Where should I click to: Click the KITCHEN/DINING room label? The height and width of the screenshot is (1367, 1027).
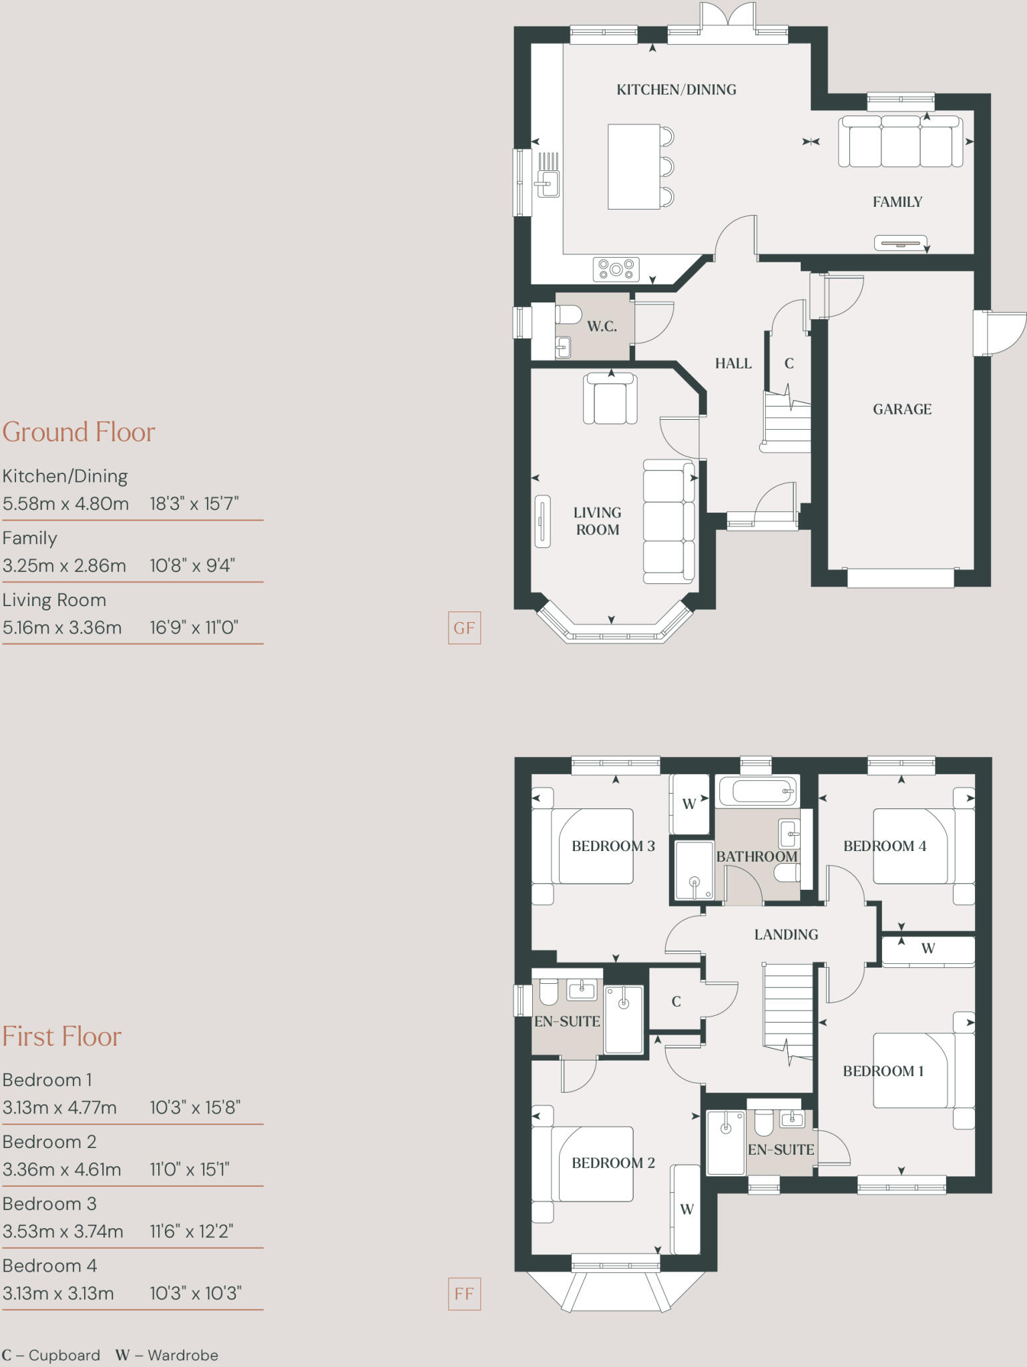pos(676,89)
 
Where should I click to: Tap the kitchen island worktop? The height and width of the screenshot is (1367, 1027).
pos(634,166)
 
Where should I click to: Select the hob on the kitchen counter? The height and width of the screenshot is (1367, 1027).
pos(616,269)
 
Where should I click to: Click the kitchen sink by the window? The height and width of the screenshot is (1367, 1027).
pos(548,183)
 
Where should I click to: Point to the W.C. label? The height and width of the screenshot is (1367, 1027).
pos(602,326)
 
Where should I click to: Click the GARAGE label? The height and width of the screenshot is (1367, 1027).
pos(901,409)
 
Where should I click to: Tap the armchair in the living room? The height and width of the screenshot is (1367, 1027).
pos(610,399)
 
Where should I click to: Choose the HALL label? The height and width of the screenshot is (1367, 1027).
pos(733,364)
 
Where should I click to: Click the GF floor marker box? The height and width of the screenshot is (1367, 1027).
pos(464,628)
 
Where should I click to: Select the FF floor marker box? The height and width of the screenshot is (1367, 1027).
pos(464,1294)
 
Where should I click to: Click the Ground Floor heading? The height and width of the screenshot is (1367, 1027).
pos(79,432)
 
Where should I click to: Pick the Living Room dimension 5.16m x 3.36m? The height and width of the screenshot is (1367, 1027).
pos(62,627)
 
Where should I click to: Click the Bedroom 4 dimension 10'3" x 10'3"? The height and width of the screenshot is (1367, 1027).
pos(195,1293)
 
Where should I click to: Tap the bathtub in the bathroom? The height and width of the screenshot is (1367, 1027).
pos(757,792)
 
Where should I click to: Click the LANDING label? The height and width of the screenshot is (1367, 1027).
pos(786,934)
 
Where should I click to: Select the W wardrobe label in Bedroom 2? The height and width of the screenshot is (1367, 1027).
pos(686,1209)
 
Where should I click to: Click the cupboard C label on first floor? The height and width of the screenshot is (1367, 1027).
pos(676,1002)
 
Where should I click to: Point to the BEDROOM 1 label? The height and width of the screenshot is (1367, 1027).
pos(883,1071)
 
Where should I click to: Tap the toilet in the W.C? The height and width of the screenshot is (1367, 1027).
pos(568,314)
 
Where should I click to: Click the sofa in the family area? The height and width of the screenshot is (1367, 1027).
pos(900,142)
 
